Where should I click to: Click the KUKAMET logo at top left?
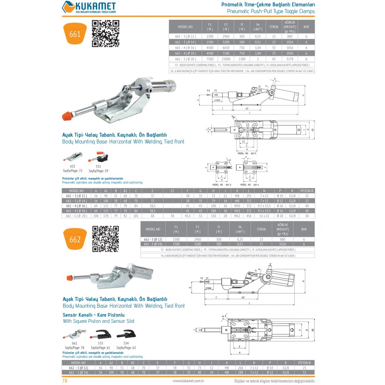[89, 7]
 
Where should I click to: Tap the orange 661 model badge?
[75, 34]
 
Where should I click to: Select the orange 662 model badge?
[75, 239]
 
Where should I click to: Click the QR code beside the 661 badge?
[105, 33]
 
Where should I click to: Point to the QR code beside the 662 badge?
[105, 239]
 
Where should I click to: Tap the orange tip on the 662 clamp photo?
[70, 278]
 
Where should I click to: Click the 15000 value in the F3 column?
[226, 59]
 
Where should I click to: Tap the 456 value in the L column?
[249, 216]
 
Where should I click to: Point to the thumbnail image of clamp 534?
[126, 334]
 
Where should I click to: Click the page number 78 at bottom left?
[65, 381]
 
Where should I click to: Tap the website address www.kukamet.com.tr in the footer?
[188, 381]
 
